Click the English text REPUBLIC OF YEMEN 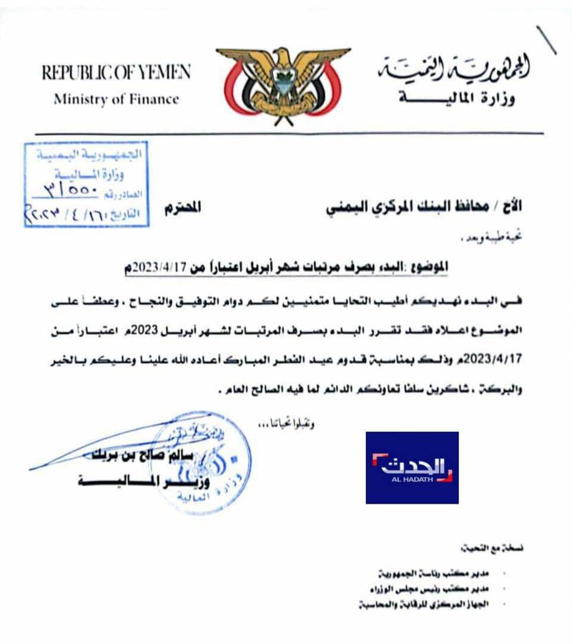[x=116, y=72]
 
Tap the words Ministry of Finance [x=116, y=99]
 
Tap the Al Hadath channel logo [x=412, y=467]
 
